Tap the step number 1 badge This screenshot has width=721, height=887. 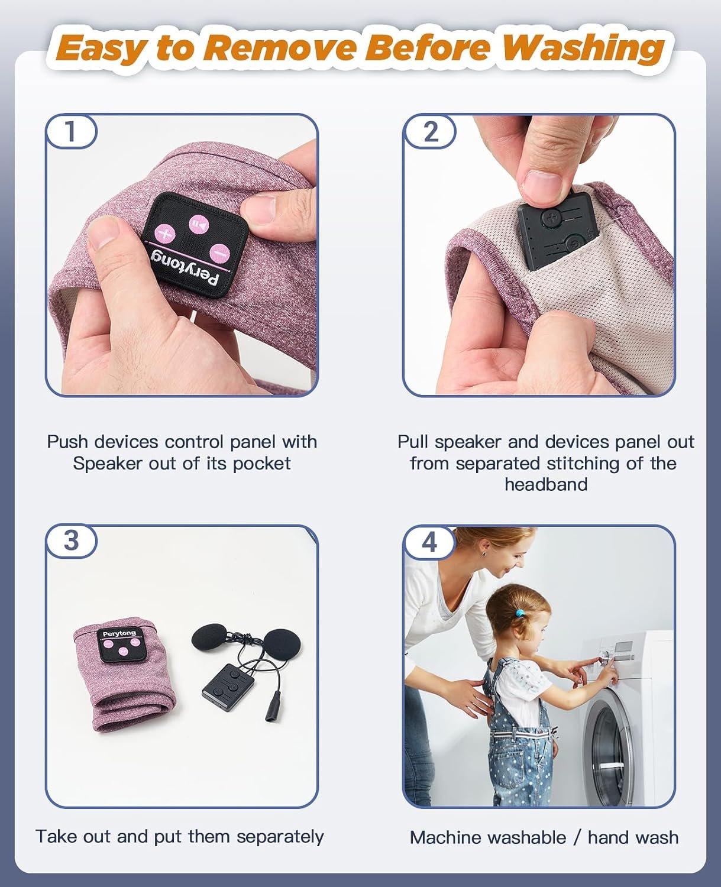tap(71, 131)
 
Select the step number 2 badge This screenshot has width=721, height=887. tap(430, 132)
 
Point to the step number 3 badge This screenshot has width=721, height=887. tap(71, 540)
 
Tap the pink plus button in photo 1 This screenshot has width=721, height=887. tap(165, 234)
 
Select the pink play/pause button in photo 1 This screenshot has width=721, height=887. tap(199, 225)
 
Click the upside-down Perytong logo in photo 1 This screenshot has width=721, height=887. tap(184, 270)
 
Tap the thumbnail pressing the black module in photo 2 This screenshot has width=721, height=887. tap(541, 185)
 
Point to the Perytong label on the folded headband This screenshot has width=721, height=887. tap(119, 633)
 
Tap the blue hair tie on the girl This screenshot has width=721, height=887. tap(520, 613)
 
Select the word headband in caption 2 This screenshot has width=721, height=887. tap(546, 484)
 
